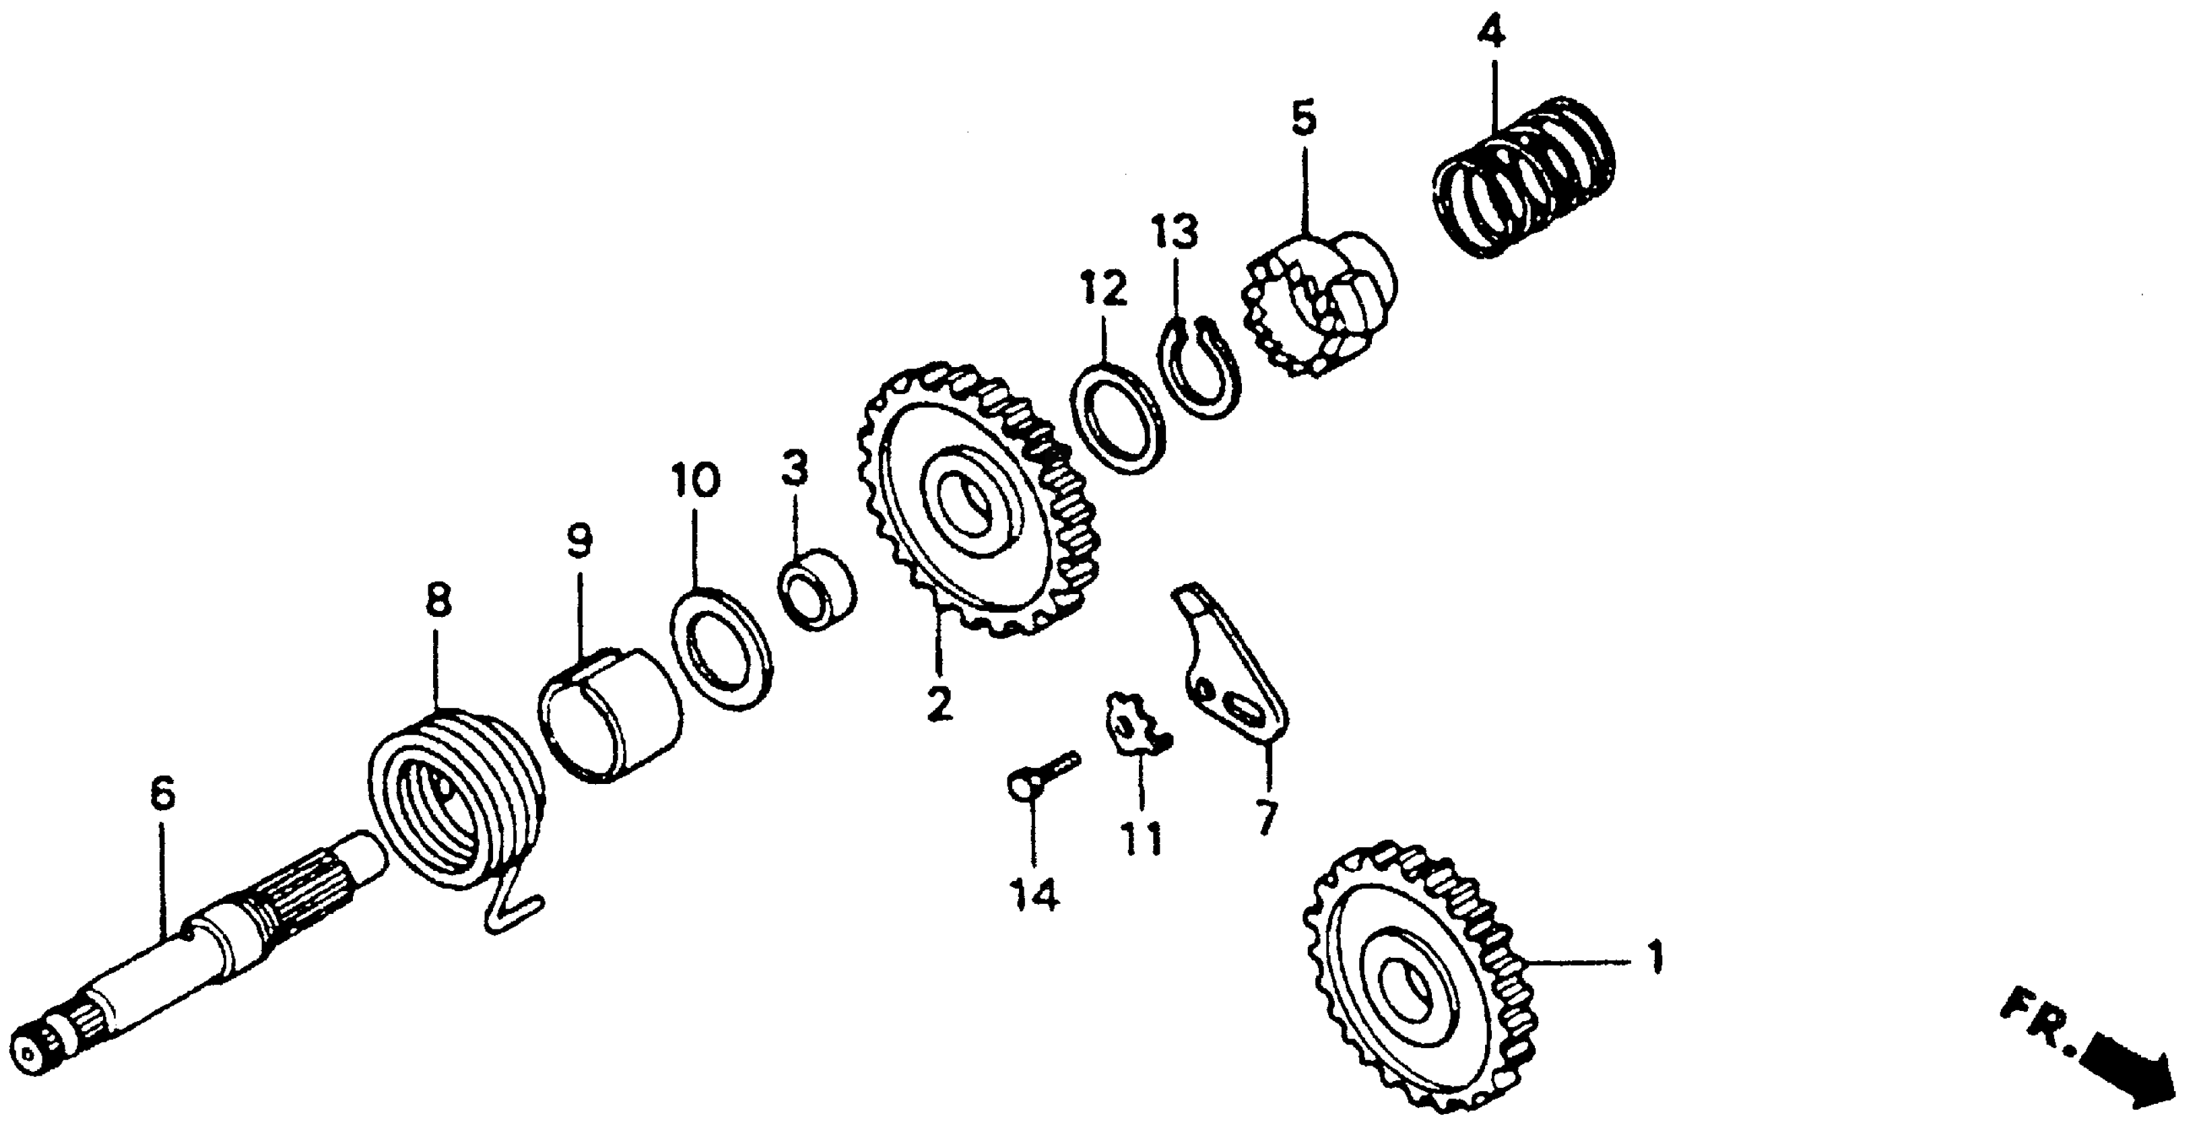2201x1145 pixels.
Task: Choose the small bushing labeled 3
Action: [817, 589]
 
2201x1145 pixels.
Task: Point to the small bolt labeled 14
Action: [1041, 774]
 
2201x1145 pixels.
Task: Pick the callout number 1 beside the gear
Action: [1655, 958]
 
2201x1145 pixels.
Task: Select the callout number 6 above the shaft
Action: [162, 794]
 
